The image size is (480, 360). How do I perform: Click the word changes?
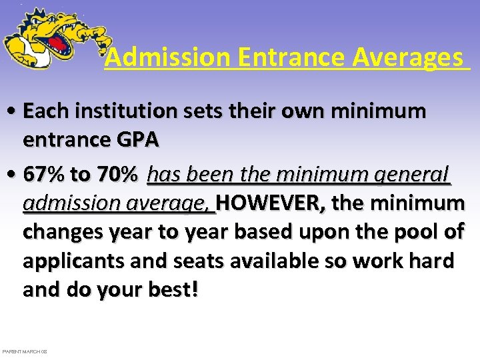click(x=64, y=232)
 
